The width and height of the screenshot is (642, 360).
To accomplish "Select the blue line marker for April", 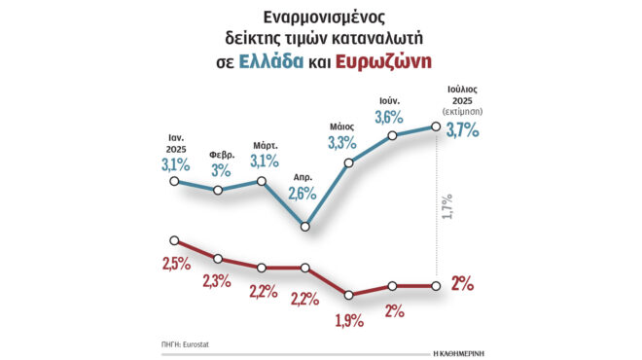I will (305, 227).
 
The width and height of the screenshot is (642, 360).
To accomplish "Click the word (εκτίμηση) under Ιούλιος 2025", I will (462, 113).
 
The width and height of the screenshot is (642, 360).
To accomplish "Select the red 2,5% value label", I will (176, 265).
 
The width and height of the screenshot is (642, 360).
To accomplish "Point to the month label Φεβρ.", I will (221, 154).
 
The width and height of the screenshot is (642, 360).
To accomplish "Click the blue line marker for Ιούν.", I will (393, 135).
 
